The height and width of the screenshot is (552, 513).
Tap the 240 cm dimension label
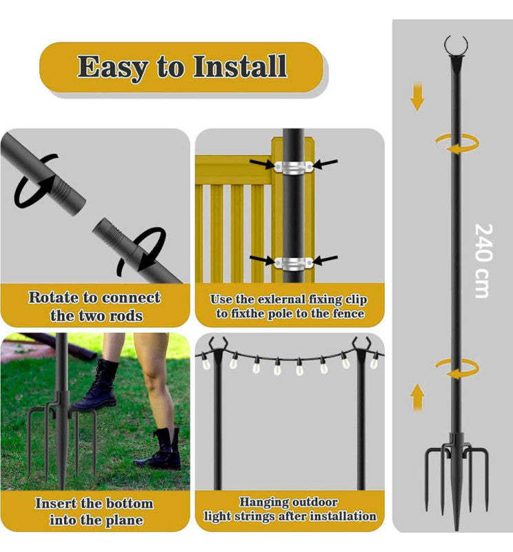coord(483,260)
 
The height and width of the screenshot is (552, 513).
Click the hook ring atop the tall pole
coord(456,46)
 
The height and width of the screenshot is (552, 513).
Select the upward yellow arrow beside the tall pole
coord(417,398)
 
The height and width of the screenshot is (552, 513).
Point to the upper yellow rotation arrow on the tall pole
coord(456,144)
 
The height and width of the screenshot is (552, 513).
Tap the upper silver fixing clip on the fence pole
coord(293,166)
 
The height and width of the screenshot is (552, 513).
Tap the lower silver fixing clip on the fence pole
coord(293,262)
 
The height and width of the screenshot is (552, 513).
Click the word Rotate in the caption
coord(52,298)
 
